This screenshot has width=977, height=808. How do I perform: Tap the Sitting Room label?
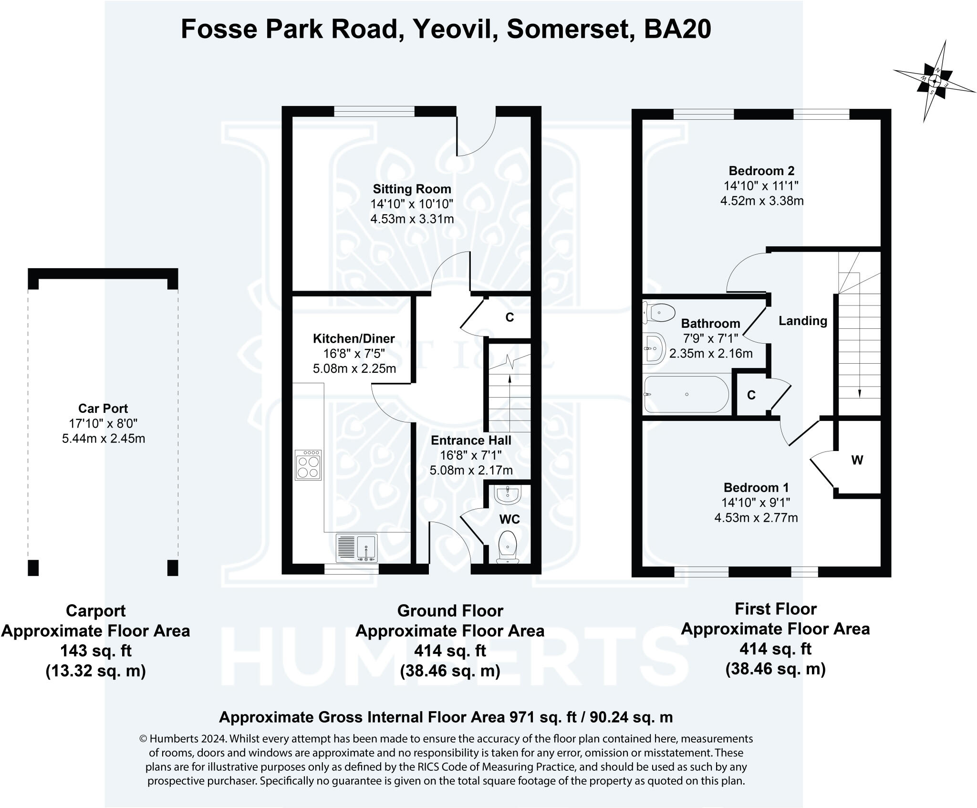(412, 189)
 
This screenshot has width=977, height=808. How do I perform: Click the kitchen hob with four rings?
(308, 465)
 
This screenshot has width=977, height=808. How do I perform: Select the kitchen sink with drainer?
(357, 547)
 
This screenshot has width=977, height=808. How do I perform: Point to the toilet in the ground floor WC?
(508, 546)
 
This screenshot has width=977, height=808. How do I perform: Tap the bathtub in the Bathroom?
(686, 394)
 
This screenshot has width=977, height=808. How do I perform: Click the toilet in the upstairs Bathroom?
(659, 313)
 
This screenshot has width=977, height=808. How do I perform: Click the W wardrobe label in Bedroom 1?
(857, 460)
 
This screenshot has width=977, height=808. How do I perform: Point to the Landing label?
(803, 321)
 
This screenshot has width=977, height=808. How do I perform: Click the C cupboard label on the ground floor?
(509, 317)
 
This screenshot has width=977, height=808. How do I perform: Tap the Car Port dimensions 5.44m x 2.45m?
(104, 438)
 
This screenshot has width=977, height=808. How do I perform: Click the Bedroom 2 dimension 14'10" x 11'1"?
(761, 186)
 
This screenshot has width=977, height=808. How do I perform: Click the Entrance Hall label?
(471, 440)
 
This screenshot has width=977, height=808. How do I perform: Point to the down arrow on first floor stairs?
(860, 392)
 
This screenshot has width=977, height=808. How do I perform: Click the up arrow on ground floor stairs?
(510, 379)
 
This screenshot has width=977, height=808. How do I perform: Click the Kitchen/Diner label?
(353, 338)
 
